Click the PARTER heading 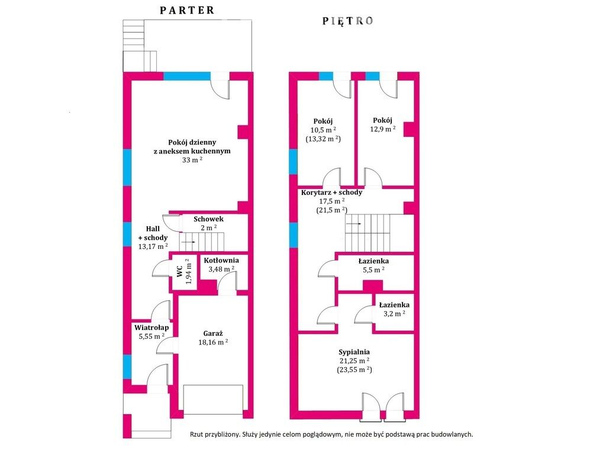[x=187, y=11]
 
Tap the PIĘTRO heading [x=348, y=21]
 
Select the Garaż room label [x=213, y=334]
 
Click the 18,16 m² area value [x=213, y=342]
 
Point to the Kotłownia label [x=221, y=261]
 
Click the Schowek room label [x=209, y=219]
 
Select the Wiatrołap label [x=151, y=328]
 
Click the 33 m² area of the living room [x=192, y=160]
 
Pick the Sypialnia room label [x=354, y=352]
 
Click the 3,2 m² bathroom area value [x=394, y=313]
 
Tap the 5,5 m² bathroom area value [x=373, y=270]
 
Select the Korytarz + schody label [x=332, y=193]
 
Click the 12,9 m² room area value [x=383, y=129]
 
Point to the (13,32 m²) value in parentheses [x=323, y=139]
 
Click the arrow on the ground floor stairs [x=188, y=242]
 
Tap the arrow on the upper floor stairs [x=354, y=223]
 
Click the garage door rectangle [x=213, y=399]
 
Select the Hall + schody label [x=153, y=233]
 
